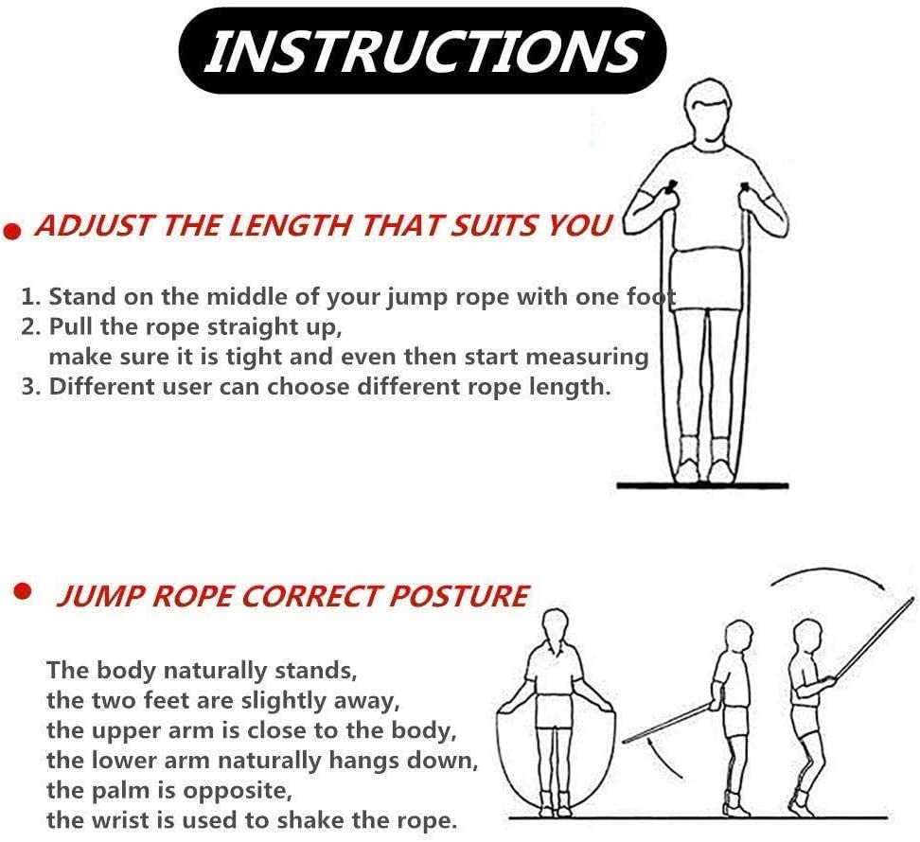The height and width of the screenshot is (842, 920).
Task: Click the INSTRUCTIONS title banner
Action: tap(422, 50)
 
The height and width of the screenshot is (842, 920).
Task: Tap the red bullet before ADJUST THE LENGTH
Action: tap(12, 232)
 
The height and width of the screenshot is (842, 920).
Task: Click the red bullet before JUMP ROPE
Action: tap(23, 591)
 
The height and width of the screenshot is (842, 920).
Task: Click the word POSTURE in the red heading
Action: tap(458, 597)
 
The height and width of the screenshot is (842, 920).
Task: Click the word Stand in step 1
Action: tap(82, 297)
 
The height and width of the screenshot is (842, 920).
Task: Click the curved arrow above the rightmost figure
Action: tap(827, 571)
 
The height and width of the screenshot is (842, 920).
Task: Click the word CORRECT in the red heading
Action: tap(312, 597)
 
